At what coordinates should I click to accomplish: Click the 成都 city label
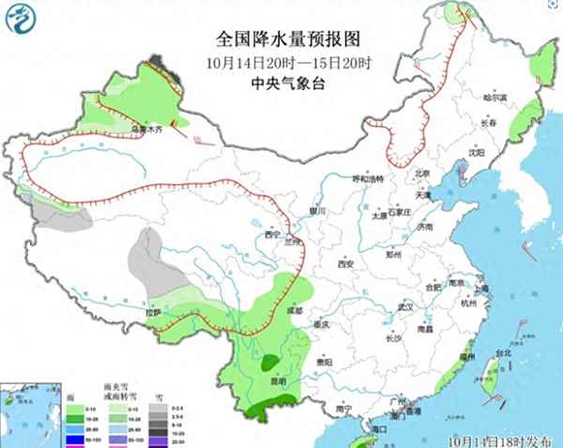pos(296,308)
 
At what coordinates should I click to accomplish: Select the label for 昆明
pos(278,382)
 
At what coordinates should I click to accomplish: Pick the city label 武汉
pos(405,307)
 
